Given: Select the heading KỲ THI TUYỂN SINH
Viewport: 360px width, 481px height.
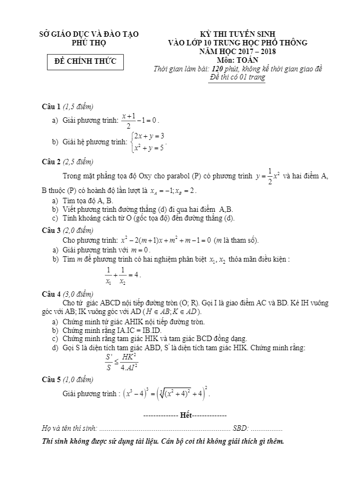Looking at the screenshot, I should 237,34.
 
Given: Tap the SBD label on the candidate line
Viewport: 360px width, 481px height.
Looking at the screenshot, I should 241,429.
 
